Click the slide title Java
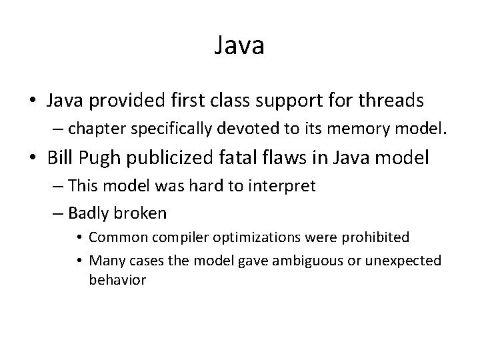point(240,46)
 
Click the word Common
point(113,237)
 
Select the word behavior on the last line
point(117,280)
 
